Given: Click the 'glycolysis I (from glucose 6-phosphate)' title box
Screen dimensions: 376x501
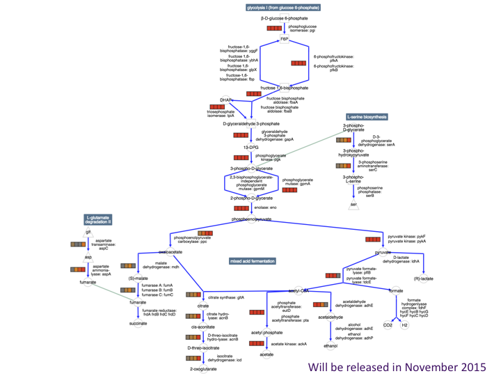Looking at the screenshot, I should tap(283, 8).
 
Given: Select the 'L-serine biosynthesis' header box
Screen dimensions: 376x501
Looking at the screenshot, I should tap(367, 117).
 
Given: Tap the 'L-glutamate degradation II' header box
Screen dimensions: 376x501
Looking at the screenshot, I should tap(99, 220).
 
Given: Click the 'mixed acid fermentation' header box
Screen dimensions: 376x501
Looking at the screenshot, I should tap(253, 261).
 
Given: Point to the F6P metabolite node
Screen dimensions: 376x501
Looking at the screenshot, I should tap(285, 39).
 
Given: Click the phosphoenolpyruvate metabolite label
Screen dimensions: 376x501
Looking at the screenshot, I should tap(251, 219).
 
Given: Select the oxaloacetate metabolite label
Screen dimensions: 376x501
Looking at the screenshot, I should tap(170, 251).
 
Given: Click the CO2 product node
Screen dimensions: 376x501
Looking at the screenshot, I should tap(388, 324).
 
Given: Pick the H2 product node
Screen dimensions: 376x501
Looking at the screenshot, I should tap(405, 324).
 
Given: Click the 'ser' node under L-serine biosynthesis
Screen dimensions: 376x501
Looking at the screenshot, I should tap(353, 205).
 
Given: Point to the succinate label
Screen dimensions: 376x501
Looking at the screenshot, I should tap(138, 323).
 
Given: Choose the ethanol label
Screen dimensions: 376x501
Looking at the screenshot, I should tap(331, 345).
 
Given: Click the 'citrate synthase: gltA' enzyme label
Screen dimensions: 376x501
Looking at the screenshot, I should tap(226, 297).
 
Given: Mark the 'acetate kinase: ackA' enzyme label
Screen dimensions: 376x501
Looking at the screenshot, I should tap(289, 344).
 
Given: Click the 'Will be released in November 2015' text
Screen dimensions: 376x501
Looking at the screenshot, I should tap(397, 366).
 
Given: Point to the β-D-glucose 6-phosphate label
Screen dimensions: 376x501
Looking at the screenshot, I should tap(285, 18).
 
